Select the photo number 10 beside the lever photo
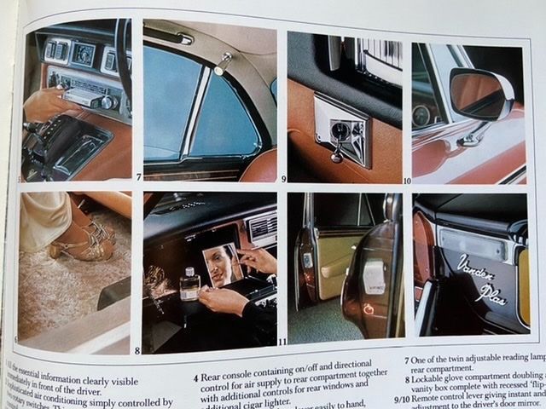coord(406,180)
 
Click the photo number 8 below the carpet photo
coord(136,350)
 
